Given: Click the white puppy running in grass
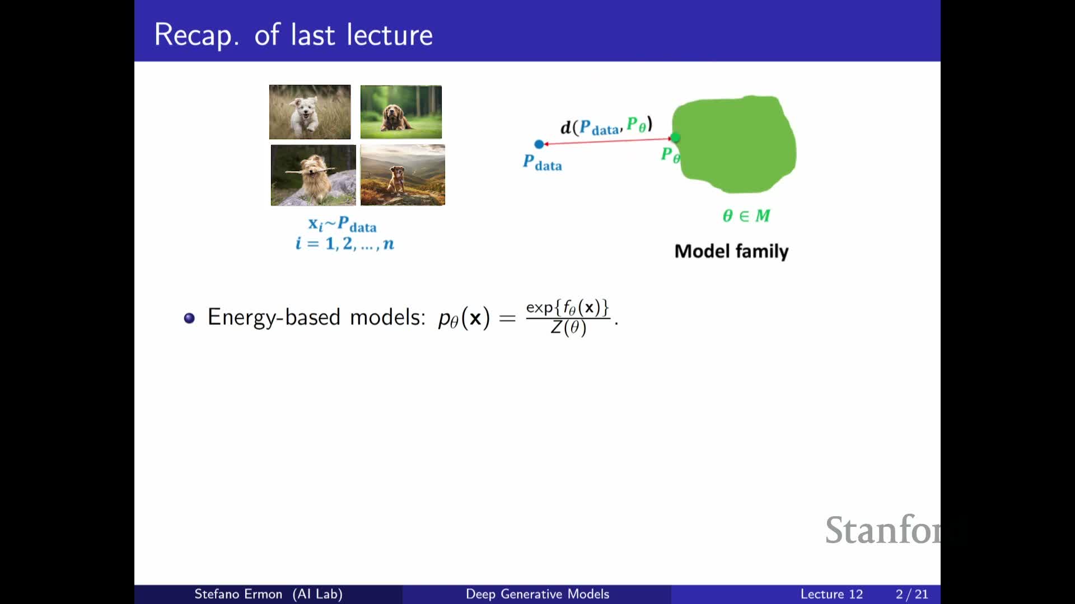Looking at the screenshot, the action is (310, 112).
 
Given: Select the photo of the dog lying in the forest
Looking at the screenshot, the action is (401, 112).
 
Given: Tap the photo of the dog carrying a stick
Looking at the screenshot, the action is (313, 175).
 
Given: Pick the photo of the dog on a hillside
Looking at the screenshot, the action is (403, 175).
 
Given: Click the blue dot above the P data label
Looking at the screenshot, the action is (539, 144).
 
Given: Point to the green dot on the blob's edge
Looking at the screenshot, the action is (676, 138).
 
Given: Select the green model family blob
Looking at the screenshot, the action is (734, 144).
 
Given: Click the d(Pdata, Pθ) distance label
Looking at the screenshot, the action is (606, 126).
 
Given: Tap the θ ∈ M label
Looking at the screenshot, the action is (746, 215).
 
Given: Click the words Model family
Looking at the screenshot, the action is (731, 251).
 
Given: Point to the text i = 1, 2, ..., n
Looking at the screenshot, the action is (345, 243).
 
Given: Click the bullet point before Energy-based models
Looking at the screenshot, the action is (189, 318).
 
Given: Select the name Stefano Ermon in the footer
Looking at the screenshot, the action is (238, 594).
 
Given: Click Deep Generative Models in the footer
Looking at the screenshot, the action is (537, 594).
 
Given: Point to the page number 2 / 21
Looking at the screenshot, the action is (912, 594).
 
